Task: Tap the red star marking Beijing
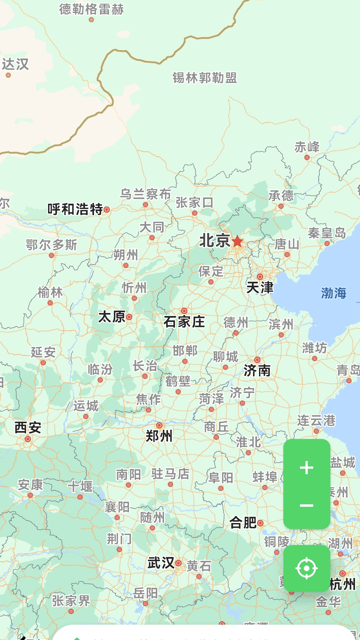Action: click(x=237, y=241)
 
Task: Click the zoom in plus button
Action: click(x=307, y=468)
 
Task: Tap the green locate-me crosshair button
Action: click(x=307, y=568)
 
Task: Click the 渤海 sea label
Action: click(x=334, y=293)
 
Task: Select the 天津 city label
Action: click(x=260, y=288)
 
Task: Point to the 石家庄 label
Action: click(x=184, y=322)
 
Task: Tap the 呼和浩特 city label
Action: click(x=75, y=209)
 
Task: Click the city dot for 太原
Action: click(x=129, y=317)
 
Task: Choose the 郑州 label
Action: click(x=159, y=436)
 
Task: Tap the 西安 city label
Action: click(x=28, y=428)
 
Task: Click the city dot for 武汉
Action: click(x=178, y=563)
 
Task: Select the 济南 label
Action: click(x=257, y=370)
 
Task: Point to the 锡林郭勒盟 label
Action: click(x=205, y=78)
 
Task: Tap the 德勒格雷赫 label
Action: click(x=91, y=9)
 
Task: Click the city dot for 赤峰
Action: click(x=307, y=157)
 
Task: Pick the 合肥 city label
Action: click(x=243, y=522)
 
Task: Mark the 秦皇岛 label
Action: click(x=327, y=233)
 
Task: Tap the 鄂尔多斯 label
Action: click(x=51, y=245)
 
